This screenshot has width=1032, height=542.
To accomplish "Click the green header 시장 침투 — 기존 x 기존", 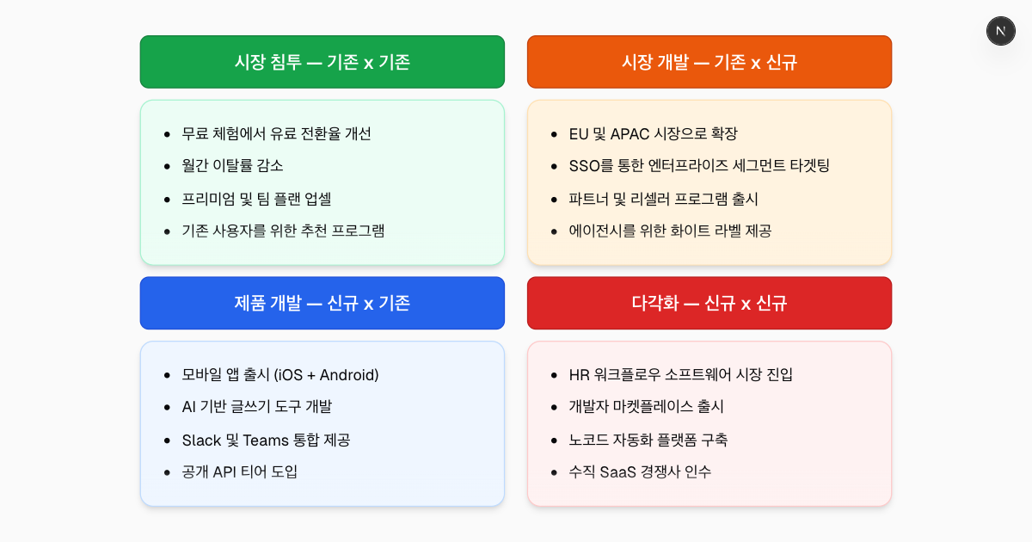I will pyautogui.click(x=322, y=62).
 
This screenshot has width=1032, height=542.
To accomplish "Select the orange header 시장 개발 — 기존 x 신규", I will pyautogui.click(x=709, y=62).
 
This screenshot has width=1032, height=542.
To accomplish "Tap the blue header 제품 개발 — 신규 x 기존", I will pyautogui.click(x=322, y=303).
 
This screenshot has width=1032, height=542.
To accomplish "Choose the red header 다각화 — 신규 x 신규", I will pyautogui.click(x=709, y=303).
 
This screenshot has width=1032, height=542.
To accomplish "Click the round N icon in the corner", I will pyautogui.click(x=1000, y=31).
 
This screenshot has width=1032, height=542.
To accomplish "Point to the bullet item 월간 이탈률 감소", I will pyautogui.click(x=232, y=165).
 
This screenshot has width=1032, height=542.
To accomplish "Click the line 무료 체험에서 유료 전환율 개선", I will pyautogui.click(x=276, y=133).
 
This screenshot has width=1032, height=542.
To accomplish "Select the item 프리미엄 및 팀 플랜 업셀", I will pyautogui.click(x=256, y=198).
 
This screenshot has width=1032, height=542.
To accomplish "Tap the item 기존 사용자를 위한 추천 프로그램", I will pyautogui.click(x=283, y=231).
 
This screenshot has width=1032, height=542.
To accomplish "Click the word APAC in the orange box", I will pyautogui.click(x=633, y=133).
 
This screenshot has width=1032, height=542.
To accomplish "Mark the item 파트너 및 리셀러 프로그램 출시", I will pyautogui.click(x=663, y=198).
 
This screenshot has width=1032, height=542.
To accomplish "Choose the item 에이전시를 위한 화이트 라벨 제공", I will pyautogui.click(x=670, y=231).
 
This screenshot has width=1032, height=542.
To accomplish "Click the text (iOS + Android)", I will pyautogui.click(x=326, y=374).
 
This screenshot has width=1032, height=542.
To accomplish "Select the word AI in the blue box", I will pyautogui.click(x=189, y=406).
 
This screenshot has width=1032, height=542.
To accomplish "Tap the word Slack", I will pyautogui.click(x=201, y=440).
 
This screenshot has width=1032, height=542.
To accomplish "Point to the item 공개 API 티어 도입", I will pyautogui.click(x=239, y=471).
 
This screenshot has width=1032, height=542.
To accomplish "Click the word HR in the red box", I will pyautogui.click(x=579, y=374).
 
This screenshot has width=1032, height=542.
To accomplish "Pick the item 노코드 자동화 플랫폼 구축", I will pyautogui.click(x=648, y=440).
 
